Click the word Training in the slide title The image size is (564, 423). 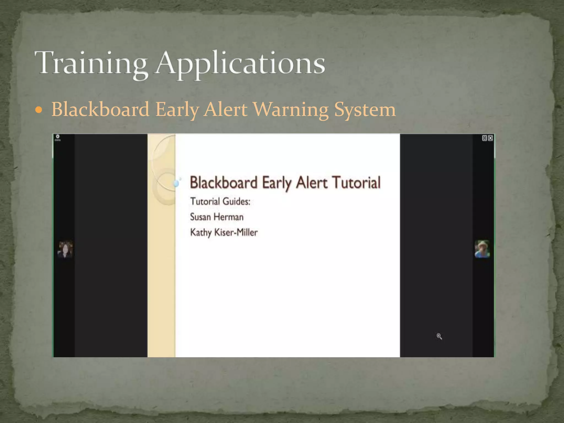point(91,63)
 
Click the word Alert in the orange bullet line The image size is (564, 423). point(225,110)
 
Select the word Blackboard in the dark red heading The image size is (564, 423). point(224,183)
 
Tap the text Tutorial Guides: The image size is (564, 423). point(220,202)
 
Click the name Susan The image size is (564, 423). point(200,217)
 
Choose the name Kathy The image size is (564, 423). point(201,233)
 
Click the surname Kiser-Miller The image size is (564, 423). point(236,232)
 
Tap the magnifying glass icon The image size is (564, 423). point(439,336)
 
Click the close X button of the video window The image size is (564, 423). point(490,138)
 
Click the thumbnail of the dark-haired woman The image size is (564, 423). point(65,249)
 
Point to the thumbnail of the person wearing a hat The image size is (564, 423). point(482,249)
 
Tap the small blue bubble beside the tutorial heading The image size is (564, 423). point(176,183)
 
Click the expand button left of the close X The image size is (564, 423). point(485,138)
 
